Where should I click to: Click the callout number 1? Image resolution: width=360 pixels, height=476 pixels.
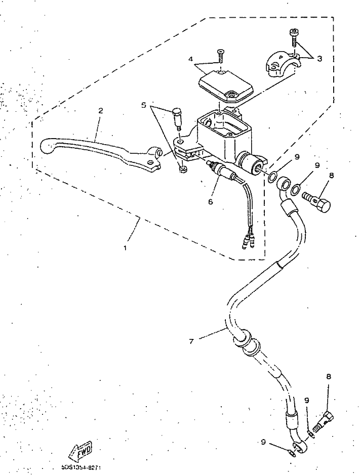126,248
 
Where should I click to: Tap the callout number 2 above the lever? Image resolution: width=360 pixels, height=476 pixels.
101,110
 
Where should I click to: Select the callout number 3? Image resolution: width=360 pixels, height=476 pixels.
319,58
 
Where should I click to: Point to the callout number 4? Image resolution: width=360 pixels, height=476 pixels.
191,59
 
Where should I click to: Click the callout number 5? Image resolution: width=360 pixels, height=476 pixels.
144,105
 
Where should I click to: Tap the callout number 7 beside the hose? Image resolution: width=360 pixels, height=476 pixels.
191,341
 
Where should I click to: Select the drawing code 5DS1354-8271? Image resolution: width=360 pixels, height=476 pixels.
85,467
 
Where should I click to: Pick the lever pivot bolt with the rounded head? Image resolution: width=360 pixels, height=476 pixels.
178,118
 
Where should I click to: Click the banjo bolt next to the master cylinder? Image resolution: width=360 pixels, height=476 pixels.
316,200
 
